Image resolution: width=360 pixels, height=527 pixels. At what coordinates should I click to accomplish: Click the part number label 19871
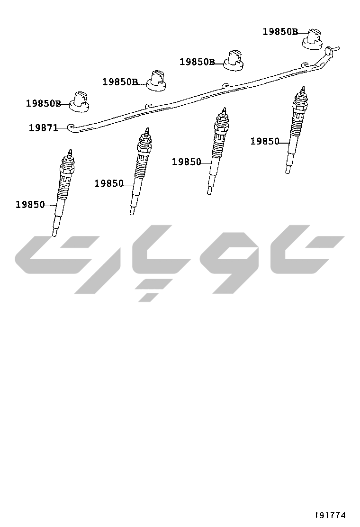tap(44, 127)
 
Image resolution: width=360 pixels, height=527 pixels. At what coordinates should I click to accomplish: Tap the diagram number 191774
tap(330, 515)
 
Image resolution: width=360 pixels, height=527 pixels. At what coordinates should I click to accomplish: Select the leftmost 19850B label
tap(43, 103)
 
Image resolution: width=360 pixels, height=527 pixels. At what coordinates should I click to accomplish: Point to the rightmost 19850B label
tap(280, 32)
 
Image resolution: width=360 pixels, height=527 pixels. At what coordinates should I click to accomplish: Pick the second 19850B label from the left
tap(120, 82)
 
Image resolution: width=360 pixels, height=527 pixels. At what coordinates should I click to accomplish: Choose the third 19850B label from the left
tap(197, 62)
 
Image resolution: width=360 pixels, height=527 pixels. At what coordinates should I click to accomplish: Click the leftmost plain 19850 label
tap(30, 205)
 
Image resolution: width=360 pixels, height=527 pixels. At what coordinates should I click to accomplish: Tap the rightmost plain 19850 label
tap(265, 142)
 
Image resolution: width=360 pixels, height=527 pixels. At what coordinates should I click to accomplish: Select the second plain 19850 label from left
tap(109, 183)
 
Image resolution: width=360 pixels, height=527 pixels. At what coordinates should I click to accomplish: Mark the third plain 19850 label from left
tap(187, 162)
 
